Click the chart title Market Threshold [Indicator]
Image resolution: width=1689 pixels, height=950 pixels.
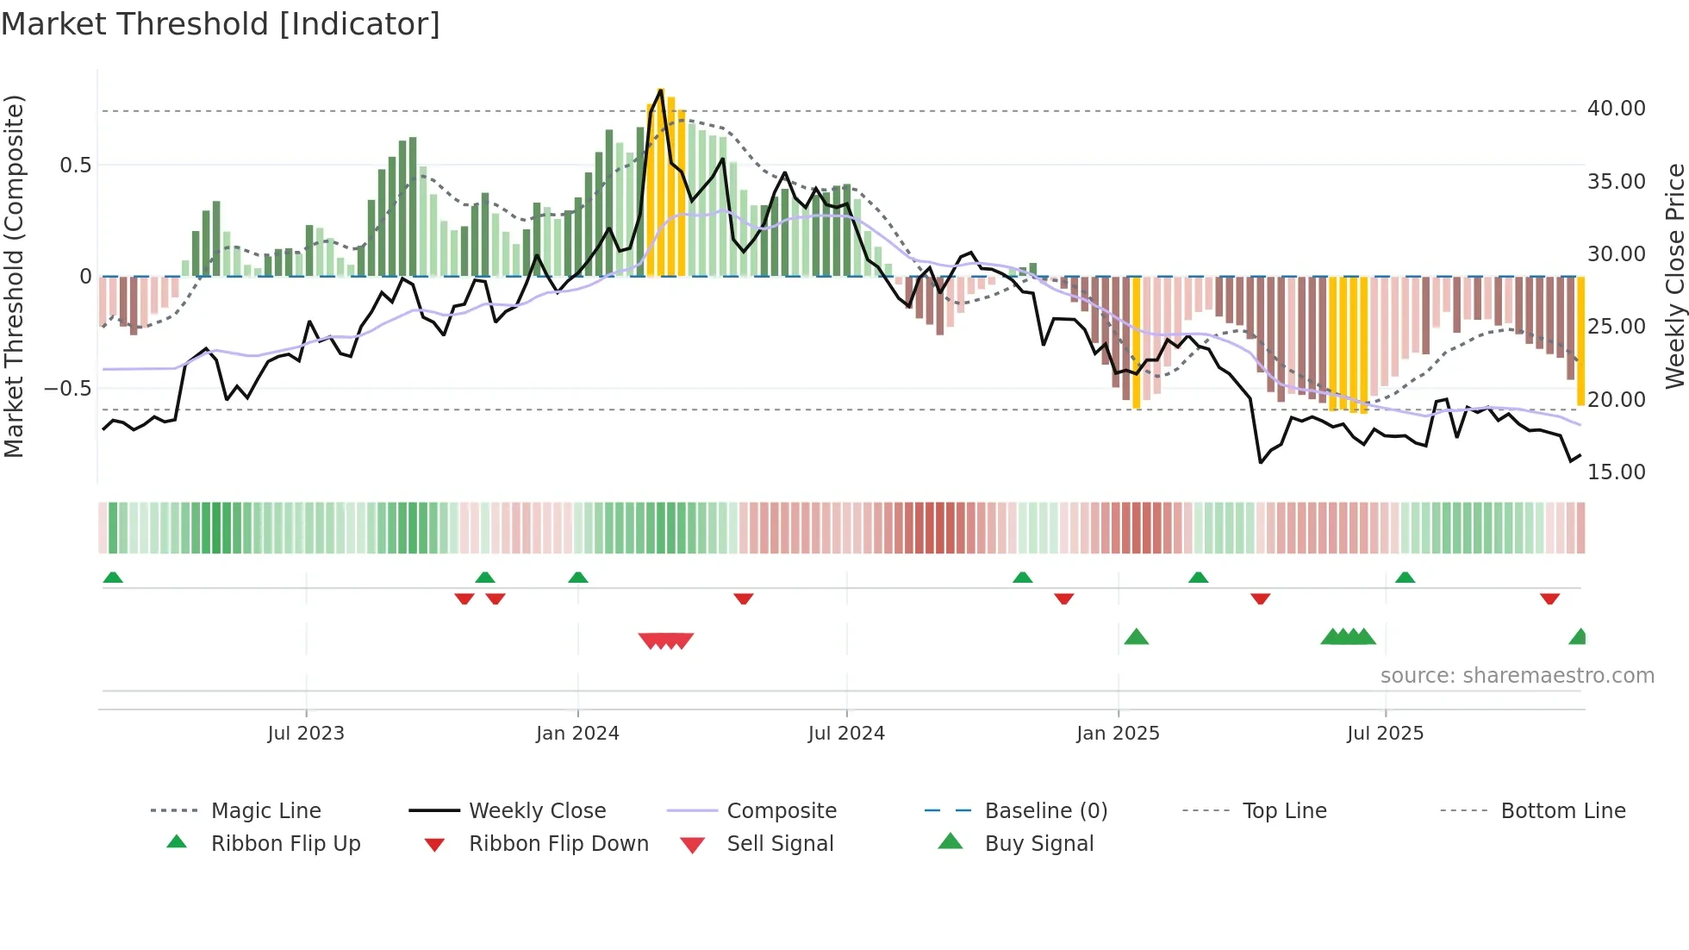pyautogui.click(x=221, y=24)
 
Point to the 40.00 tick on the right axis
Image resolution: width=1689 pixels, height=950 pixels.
pyautogui.click(x=1616, y=109)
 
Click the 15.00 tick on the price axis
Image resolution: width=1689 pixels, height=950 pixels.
pyautogui.click(x=1616, y=472)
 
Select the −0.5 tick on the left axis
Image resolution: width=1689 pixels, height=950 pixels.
pyautogui.click(x=68, y=389)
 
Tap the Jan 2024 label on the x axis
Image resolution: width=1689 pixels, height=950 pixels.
pyautogui.click(x=577, y=734)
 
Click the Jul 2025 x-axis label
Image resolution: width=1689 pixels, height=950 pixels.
pyautogui.click(x=1385, y=734)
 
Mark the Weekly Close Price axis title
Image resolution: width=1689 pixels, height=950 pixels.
pyautogui.click(x=1674, y=276)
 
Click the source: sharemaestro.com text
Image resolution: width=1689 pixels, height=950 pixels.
pyautogui.click(x=1517, y=676)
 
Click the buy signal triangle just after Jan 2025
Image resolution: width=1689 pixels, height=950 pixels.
pyautogui.click(x=1136, y=637)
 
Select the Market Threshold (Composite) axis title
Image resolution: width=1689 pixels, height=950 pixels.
pyautogui.click(x=14, y=276)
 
